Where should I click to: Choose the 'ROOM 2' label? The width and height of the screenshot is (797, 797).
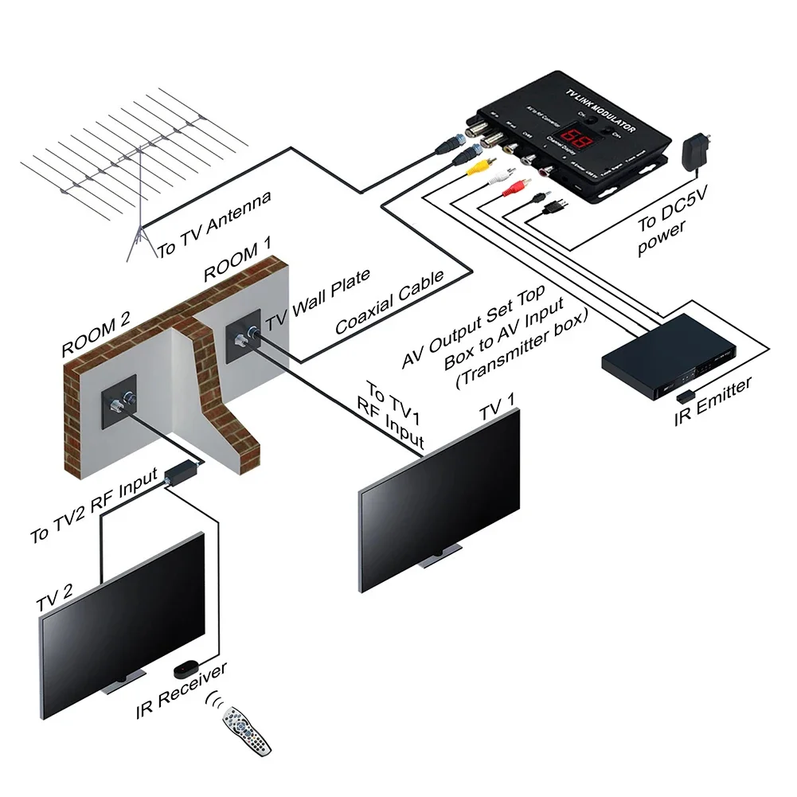[96, 335]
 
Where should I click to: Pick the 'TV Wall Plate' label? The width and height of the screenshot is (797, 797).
[318, 299]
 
